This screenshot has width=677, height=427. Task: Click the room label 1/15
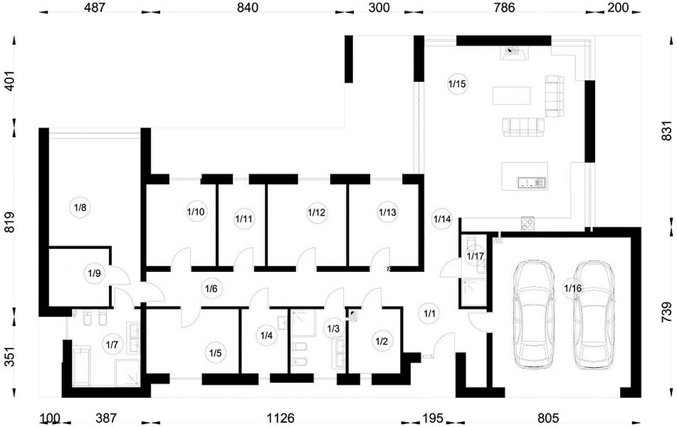[x=457, y=84]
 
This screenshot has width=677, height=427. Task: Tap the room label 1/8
[x=80, y=208]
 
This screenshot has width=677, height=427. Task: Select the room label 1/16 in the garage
[x=573, y=288]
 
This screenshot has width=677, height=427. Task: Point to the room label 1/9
[x=94, y=273]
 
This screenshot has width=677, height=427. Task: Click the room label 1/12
[x=317, y=212]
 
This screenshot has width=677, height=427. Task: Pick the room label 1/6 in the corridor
[x=211, y=289]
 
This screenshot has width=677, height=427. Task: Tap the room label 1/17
[x=476, y=256]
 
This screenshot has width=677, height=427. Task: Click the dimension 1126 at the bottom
[x=280, y=418]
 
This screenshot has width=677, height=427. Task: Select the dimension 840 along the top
[x=248, y=7]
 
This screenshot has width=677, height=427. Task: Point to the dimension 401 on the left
[x=9, y=80]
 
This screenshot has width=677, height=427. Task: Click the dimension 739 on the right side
[x=666, y=312]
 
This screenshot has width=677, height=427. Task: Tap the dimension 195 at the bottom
[x=432, y=418]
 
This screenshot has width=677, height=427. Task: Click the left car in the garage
[x=533, y=315]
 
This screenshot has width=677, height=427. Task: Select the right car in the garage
[x=594, y=315]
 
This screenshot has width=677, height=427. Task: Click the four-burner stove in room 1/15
[x=528, y=223]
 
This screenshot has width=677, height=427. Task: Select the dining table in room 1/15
[x=512, y=95]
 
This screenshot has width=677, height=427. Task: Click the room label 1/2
[x=382, y=342]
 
